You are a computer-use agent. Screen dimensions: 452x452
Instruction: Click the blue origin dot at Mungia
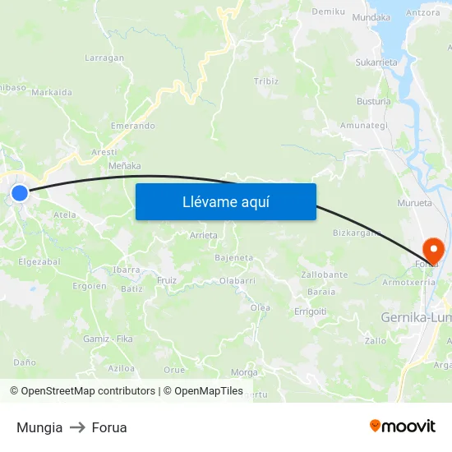20,194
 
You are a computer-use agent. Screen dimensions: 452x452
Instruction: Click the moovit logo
402,427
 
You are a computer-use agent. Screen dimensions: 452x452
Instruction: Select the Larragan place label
104,58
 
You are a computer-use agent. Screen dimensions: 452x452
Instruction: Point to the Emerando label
132,126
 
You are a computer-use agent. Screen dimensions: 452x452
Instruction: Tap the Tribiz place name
266,81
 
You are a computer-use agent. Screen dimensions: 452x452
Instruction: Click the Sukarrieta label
376,62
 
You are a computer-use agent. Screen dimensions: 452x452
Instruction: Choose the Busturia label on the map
374,101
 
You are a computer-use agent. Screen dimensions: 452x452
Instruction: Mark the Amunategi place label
364,126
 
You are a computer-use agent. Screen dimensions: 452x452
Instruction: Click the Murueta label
414,202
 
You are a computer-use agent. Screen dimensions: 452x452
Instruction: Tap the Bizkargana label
357,233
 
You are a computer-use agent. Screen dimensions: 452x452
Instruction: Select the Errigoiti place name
311,311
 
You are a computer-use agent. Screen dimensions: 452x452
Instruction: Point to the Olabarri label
237,280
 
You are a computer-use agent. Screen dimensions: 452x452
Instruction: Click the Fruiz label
167,280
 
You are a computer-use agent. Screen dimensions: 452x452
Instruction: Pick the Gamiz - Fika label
108,339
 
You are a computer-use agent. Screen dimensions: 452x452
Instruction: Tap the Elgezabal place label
39,261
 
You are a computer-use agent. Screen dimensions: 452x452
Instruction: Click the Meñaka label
125,166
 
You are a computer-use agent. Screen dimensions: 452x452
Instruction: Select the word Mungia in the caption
39,427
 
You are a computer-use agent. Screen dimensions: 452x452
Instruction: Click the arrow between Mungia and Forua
77,427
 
